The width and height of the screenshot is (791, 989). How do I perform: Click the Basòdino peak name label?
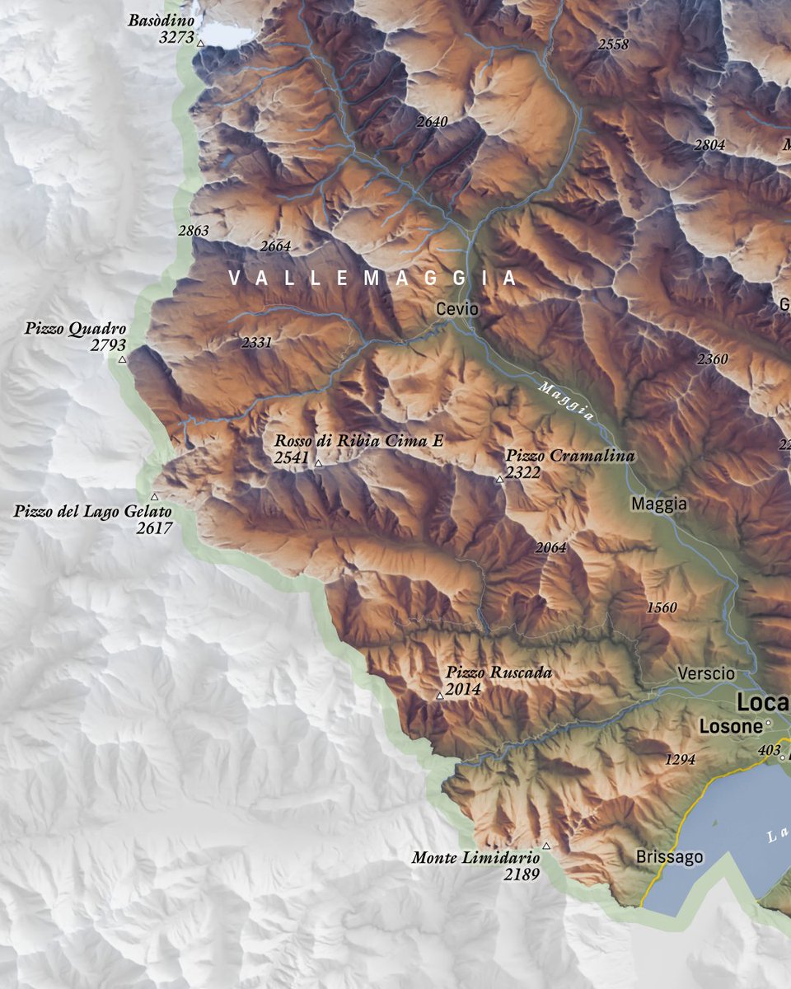click(161, 21)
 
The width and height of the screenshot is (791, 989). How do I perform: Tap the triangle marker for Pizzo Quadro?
click(123, 359)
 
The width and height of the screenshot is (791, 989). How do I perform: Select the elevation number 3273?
click(176, 38)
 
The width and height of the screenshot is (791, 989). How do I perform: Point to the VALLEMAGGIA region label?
click(373, 279)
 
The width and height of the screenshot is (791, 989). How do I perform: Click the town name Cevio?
click(457, 309)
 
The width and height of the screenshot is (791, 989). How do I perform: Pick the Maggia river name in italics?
click(566, 401)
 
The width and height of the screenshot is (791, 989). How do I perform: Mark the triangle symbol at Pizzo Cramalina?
click(499, 479)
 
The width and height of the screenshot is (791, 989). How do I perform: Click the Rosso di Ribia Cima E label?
click(359, 442)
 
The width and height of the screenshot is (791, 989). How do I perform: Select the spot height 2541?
click(291, 458)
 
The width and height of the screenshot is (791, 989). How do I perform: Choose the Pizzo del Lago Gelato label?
click(93, 512)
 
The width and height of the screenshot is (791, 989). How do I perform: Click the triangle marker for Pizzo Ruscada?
click(439, 696)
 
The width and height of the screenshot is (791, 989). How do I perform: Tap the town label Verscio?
click(706, 673)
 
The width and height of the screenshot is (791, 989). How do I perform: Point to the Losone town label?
click(730, 727)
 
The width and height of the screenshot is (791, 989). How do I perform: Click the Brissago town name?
click(670, 857)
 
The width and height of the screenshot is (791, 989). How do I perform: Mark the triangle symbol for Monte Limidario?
click(545, 846)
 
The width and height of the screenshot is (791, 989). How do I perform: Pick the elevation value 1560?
click(662, 608)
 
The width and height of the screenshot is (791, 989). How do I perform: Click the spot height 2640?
click(432, 122)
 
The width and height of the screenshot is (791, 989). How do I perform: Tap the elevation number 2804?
click(709, 145)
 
